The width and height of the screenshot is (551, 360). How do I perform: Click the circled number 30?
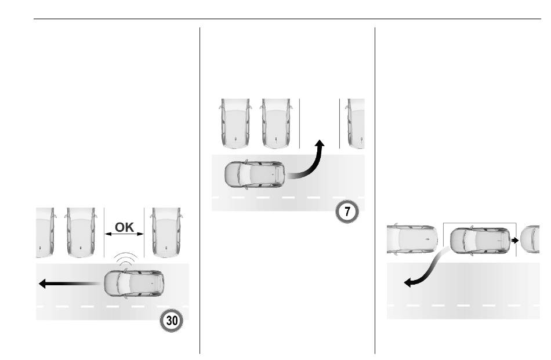[x=172, y=321]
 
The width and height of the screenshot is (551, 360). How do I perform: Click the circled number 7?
[x=347, y=212]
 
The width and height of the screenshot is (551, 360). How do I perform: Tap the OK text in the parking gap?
[x=124, y=227]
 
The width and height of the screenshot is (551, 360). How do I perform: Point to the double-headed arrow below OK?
[x=124, y=234]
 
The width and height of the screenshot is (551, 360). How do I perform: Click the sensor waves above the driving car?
[x=125, y=259]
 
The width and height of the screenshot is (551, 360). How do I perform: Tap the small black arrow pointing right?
[x=515, y=240]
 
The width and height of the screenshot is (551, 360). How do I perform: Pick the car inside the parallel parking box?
[x=480, y=240]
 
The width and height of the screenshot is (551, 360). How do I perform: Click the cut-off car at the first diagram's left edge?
[x=46, y=232]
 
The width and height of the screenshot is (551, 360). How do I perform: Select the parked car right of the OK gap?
[x=166, y=232]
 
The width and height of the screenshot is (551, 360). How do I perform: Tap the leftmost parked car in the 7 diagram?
[x=235, y=123]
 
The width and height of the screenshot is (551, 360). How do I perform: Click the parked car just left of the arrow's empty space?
[x=277, y=123]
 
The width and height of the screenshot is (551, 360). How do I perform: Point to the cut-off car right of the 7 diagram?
[x=356, y=123]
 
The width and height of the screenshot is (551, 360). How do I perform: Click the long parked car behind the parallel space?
[x=412, y=239]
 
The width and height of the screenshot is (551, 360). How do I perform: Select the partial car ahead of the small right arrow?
[x=530, y=239]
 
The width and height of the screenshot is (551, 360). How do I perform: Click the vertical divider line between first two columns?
[x=200, y=190]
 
